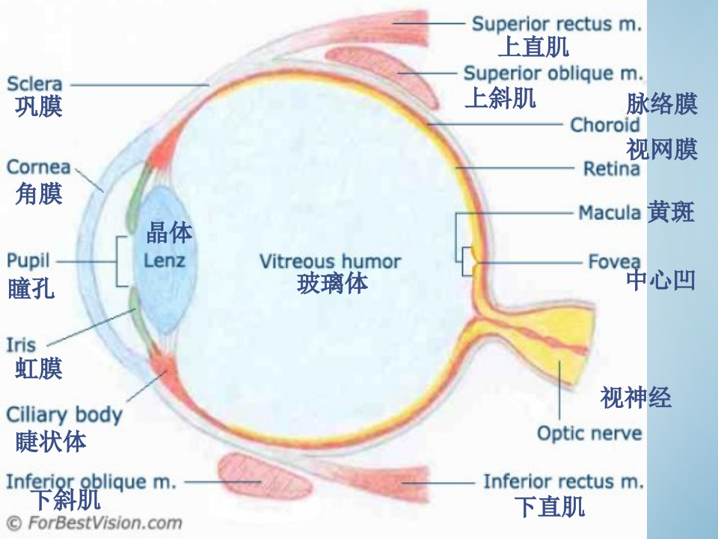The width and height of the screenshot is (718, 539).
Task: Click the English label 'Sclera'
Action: click(34, 84)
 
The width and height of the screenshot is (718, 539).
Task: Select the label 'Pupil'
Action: click(28, 261)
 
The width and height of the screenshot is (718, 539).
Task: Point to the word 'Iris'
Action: click(21, 345)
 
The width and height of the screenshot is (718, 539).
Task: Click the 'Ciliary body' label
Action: click(64, 415)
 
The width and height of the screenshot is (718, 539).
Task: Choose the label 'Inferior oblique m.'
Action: click(90, 481)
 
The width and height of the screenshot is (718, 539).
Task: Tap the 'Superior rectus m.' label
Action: click(556, 24)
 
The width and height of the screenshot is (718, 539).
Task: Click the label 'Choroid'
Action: click(604, 124)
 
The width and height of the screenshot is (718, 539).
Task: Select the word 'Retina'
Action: click(611, 168)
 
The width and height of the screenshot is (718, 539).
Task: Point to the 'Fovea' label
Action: click(614, 262)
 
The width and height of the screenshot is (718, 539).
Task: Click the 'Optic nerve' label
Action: click(589, 433)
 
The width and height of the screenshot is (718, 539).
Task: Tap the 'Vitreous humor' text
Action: click(330, 261)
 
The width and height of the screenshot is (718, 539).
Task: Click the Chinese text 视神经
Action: click(636, 398)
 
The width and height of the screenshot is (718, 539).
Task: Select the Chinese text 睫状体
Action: click(51, 442)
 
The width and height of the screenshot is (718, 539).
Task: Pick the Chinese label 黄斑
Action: click(671, 213)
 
